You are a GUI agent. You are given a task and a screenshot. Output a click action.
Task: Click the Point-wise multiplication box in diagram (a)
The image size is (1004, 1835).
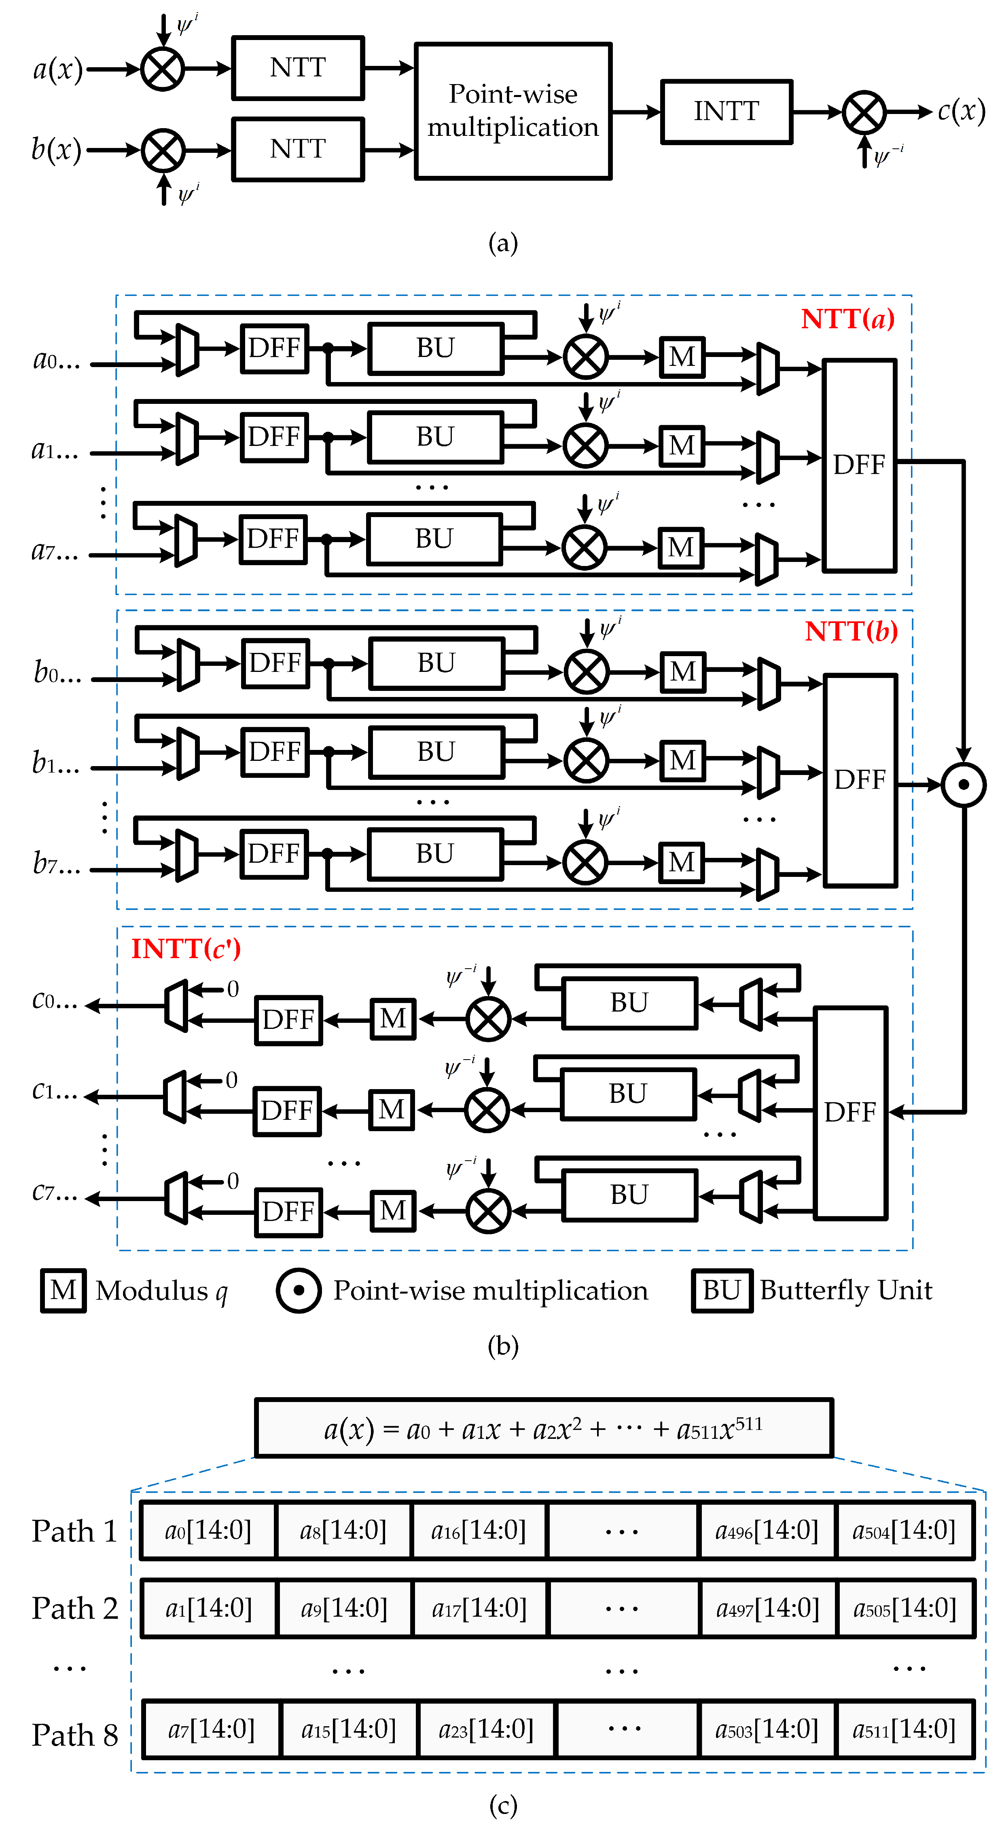pyautogui.click(x=513, y=111)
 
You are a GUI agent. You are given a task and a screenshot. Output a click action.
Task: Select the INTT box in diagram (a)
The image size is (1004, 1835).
pyautogui.click(x=726, y=112)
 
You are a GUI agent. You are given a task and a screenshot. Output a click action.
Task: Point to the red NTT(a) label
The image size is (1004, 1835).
pyautogui.click(x=847, y=319)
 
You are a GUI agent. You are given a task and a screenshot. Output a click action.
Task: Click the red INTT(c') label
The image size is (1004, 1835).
pyautogui.click(x=186, y=949)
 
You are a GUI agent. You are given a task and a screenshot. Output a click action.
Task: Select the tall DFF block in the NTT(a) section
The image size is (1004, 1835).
pyautogui.click(x=859, y=465)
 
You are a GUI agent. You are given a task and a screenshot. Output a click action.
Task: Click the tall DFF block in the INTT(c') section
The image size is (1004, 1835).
pyautogui.click(x=850, y=1113)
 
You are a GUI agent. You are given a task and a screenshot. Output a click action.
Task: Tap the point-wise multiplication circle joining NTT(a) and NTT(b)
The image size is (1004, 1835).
pyautogui.click(x=964, y=785)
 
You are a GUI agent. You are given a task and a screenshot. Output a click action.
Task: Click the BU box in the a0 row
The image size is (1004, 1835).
pyautogui.click(x=435, y=348)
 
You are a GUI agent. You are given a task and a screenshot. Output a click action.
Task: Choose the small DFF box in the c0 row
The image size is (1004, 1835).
pyautogui.click(x=288, y=1020)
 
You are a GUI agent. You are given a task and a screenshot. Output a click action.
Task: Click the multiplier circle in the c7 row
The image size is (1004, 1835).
pyautogui.click(x=488, y=1211)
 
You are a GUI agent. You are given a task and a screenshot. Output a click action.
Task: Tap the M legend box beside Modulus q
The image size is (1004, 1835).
pyautogui.click(x=64, y=1290)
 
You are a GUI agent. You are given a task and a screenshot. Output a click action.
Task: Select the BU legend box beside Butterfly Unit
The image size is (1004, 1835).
pyautogui.click(x=722, y=1290)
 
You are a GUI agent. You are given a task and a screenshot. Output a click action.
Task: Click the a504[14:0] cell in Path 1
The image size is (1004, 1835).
pyautogui.click(x=904, y=1531)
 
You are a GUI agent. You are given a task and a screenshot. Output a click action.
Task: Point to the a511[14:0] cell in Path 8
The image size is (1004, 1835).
pyautogui.click(x=904, y=1729)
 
